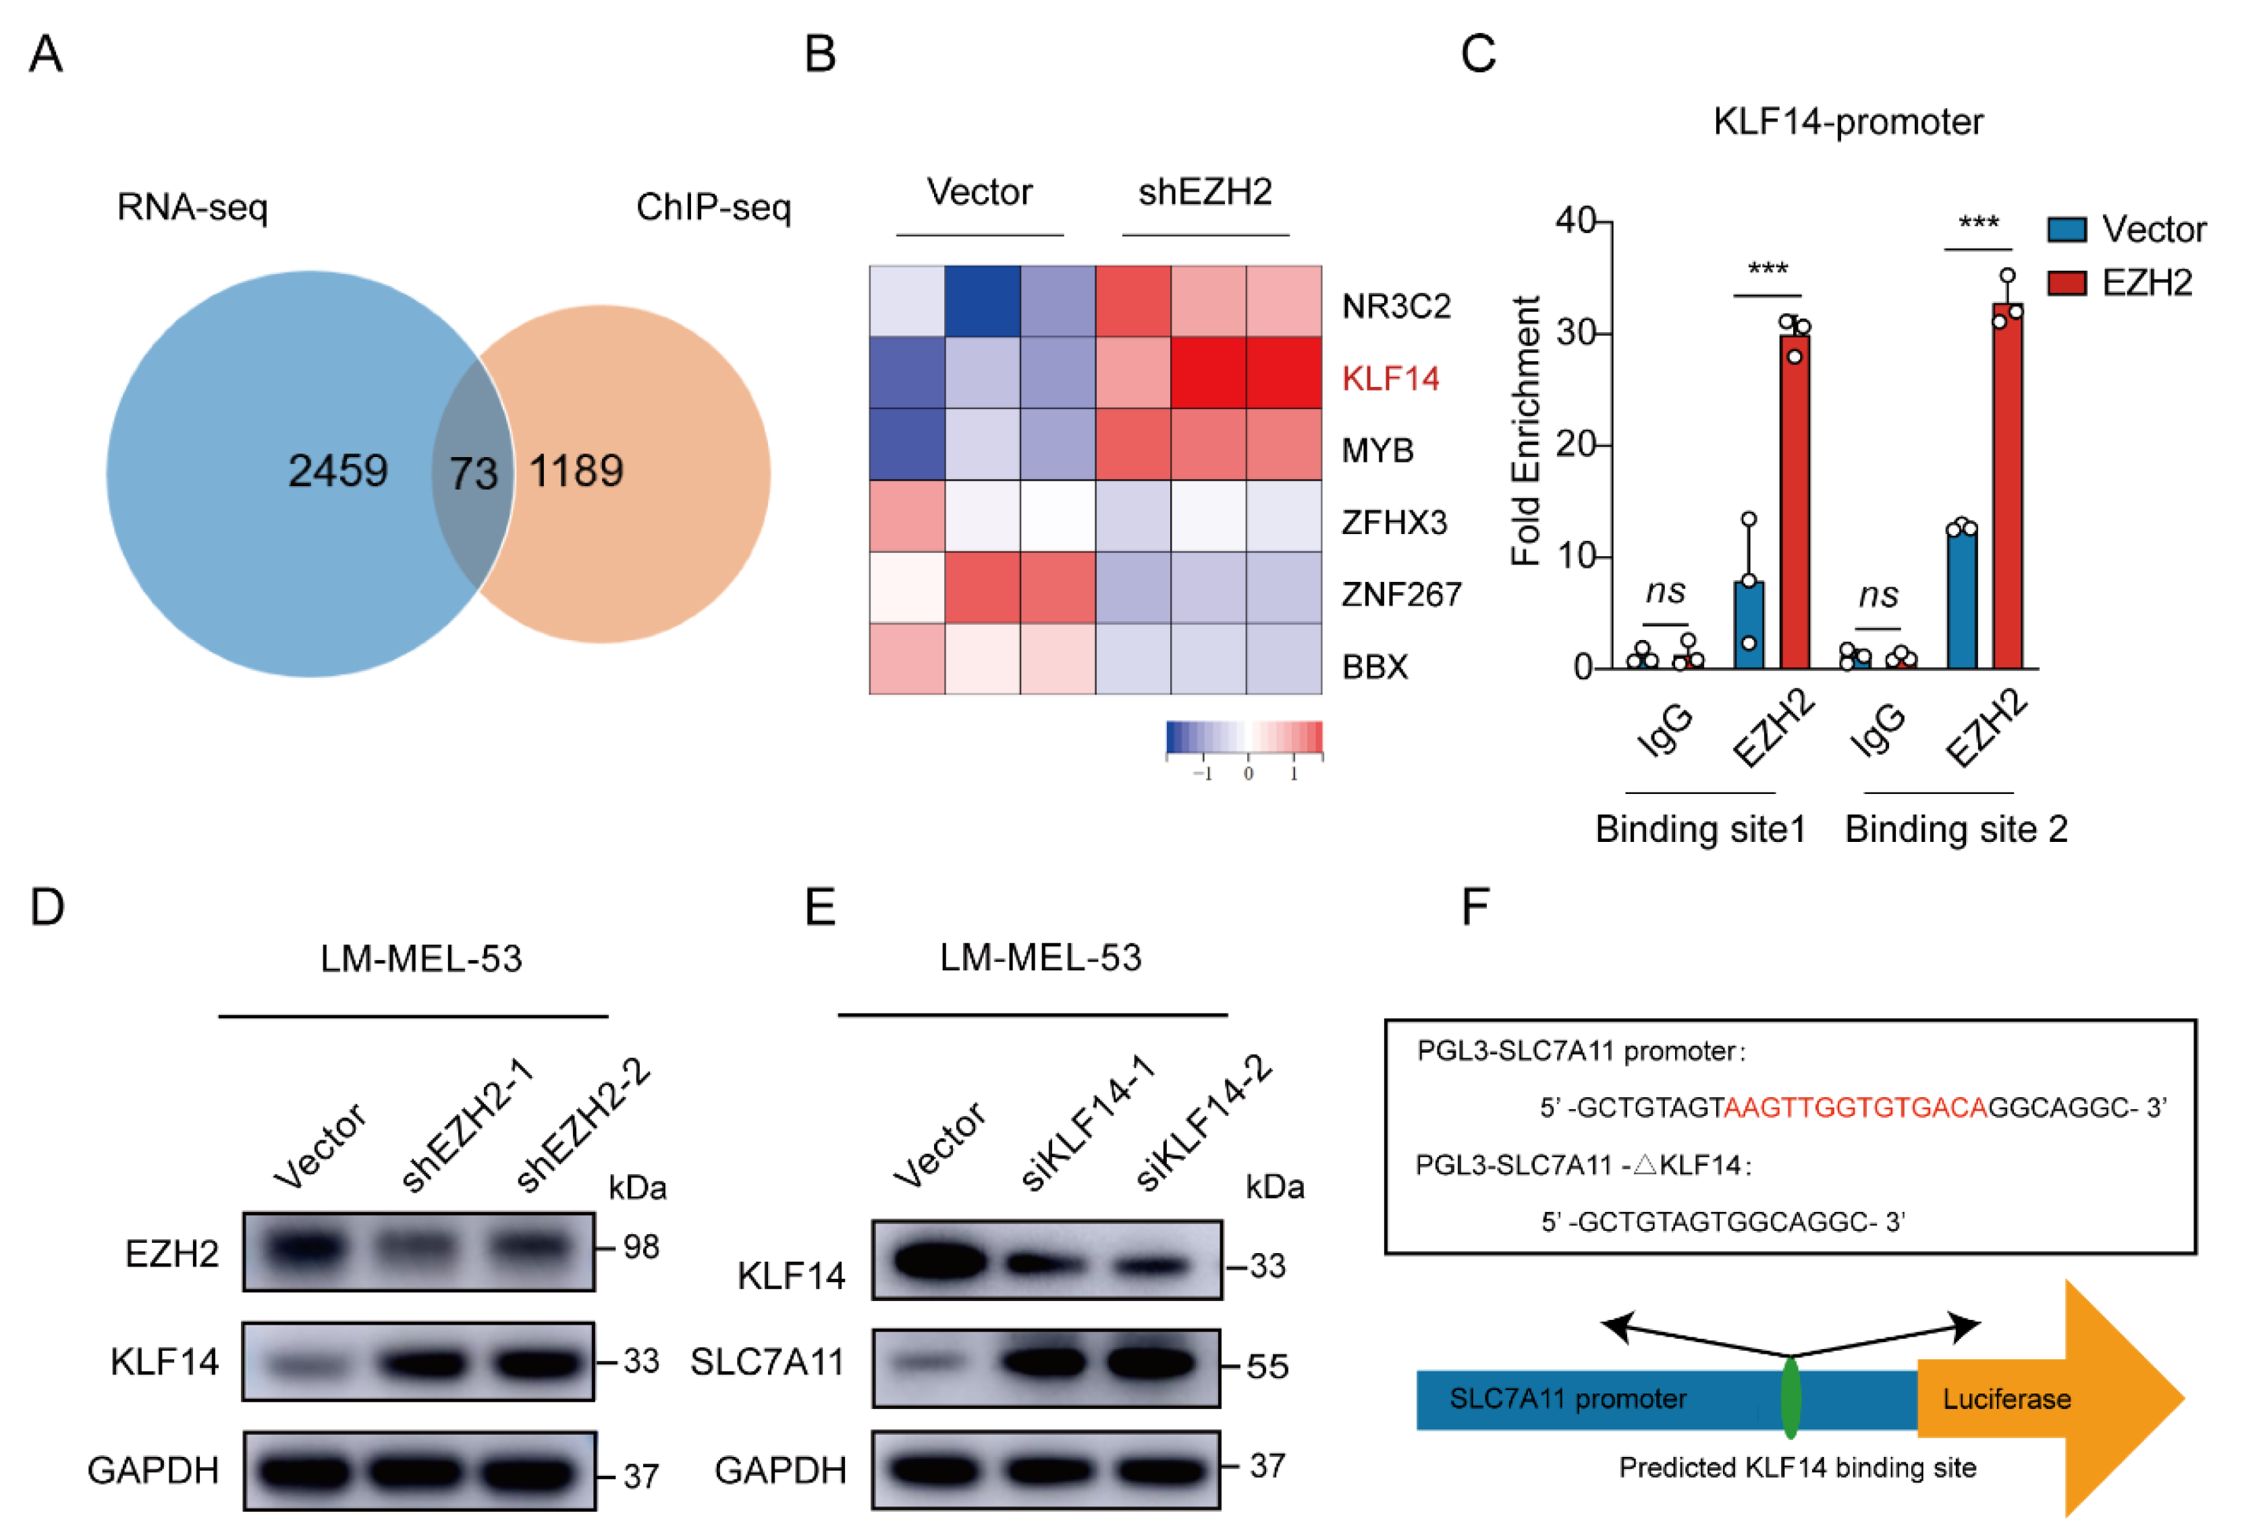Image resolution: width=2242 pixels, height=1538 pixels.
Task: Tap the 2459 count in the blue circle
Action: pyautogui.click(x=337, y=471)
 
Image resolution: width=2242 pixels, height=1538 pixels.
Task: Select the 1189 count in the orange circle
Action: pyautogui.click(x=576, y=471)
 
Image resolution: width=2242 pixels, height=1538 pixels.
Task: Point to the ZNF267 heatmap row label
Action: pyautogui.click(x=1401, y=594)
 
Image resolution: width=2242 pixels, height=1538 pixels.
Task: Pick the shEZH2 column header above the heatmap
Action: pyautogui.click(x=1205, y=192)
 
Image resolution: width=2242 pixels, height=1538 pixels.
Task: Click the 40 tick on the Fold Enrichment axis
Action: pyautogui.click(x=1575, y=221)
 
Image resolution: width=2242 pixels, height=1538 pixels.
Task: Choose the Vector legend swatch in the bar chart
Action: pyautogui.click(x=2067, y=230)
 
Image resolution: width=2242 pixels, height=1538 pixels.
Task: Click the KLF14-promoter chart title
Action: pyautogui.click(x=1847, y=122)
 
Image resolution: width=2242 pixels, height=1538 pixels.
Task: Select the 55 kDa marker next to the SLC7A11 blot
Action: pyautogui.click(x=1267, y=1367)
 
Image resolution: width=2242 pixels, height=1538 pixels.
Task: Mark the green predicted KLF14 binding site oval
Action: pyautogui.click(x=1790, y=1398)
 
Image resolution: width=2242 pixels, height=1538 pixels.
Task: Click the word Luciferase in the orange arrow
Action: pyautogui.click(x=2006, y=1399)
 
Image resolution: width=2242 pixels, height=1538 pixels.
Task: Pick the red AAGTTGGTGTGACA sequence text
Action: pyautogui.click(x=1854, y=1107)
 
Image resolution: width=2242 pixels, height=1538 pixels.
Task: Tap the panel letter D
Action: pyautogui.click(x=47, y=907)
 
